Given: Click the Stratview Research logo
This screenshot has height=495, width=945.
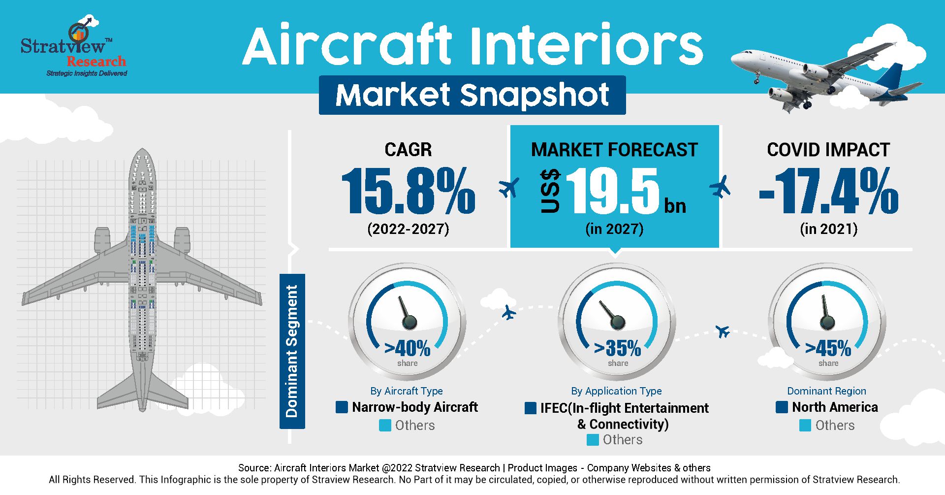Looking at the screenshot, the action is tap(74, 47).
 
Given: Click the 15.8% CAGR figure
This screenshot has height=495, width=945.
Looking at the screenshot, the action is tap(409, 191).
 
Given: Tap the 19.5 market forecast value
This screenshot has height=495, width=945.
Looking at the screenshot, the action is tap(613, 191).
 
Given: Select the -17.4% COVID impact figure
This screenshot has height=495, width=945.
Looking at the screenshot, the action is tap(829, 191).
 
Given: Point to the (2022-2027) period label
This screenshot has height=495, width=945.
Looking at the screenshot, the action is tap(408, 229).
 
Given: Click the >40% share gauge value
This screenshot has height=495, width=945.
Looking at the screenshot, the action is tap(408, 348).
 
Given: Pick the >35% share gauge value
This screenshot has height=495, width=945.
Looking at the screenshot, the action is tap(618, 348).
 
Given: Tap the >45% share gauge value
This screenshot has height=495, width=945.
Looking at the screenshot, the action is tap(828, 348).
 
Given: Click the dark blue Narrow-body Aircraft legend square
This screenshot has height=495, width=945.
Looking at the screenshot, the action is tap(342, 407).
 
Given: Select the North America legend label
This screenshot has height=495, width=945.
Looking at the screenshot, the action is tap(835, 407).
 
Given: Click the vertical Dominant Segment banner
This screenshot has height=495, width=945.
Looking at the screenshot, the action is tap(292, 351).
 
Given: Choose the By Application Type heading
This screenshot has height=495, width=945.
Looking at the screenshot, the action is tap(616, 391).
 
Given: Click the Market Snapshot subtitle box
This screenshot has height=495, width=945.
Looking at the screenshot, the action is tap(472, 95).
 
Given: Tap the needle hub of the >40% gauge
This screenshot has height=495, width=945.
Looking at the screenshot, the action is tap(409, 323).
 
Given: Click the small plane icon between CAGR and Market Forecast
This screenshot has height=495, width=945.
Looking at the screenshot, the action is tap(509, 188).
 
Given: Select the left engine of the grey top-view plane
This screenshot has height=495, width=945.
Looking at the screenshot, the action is tap(102, 240).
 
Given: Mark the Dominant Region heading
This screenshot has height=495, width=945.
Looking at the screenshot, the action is tap(826, 391).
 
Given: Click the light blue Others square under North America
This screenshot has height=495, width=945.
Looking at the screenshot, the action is tap(805, 426).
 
